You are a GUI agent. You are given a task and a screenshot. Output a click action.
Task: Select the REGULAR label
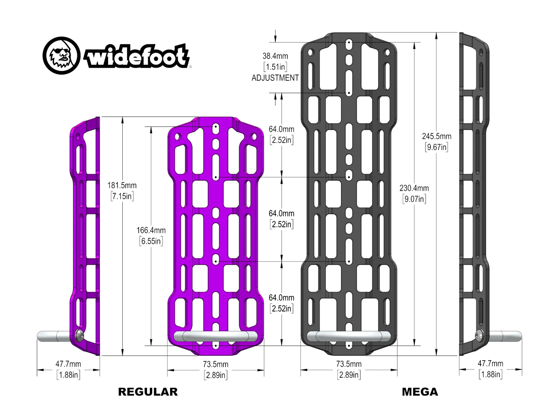(148, 392)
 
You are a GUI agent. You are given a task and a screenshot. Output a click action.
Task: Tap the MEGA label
(420, 392)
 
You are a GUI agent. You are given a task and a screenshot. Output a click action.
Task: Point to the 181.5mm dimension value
(122, 185)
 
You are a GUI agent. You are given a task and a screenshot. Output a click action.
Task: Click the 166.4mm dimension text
(151, 230)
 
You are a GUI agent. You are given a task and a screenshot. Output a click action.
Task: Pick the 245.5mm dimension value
(436, 136)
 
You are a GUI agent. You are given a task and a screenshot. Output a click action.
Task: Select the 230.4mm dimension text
(414, 188)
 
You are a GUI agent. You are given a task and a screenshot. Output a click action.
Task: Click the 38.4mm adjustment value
(275, 56)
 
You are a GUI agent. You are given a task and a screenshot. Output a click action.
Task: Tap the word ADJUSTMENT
(275, 78)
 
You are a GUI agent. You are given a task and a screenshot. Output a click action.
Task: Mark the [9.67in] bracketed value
(436, 147)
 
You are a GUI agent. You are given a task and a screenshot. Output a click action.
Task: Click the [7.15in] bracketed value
(122, 196)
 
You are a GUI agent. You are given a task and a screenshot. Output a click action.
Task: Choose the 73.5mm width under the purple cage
(216, 364)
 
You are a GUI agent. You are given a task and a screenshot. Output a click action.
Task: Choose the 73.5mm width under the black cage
(349, 364)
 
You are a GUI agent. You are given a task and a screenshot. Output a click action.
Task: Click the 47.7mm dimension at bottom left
(68, 364)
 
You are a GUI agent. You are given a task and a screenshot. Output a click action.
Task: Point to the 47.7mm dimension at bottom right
(490, 364)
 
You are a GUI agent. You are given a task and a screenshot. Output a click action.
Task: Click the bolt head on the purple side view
(79, 335)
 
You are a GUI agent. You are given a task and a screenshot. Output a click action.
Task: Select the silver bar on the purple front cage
(216, 337)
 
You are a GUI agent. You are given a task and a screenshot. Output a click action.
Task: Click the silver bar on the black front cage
(349, 337)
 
